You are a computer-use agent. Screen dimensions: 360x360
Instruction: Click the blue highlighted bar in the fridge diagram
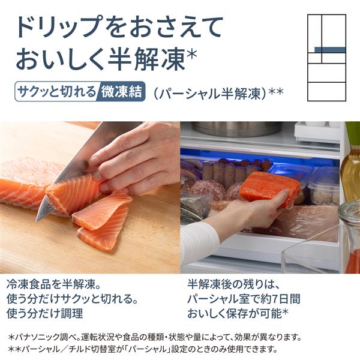(x=330, y=50)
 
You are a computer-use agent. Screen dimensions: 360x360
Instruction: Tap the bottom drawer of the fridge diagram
(x=326, y=92)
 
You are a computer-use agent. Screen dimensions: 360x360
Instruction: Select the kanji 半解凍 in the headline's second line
(x=146, y=59)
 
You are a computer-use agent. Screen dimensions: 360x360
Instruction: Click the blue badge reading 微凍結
(x=121, y=92)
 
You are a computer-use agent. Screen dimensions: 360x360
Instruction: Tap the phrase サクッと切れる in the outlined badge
(x=56, y=92)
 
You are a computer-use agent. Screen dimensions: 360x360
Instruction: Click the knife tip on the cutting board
(x=37, y=219)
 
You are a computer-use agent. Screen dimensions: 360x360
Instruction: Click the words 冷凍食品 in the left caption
(x=29, y=284)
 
